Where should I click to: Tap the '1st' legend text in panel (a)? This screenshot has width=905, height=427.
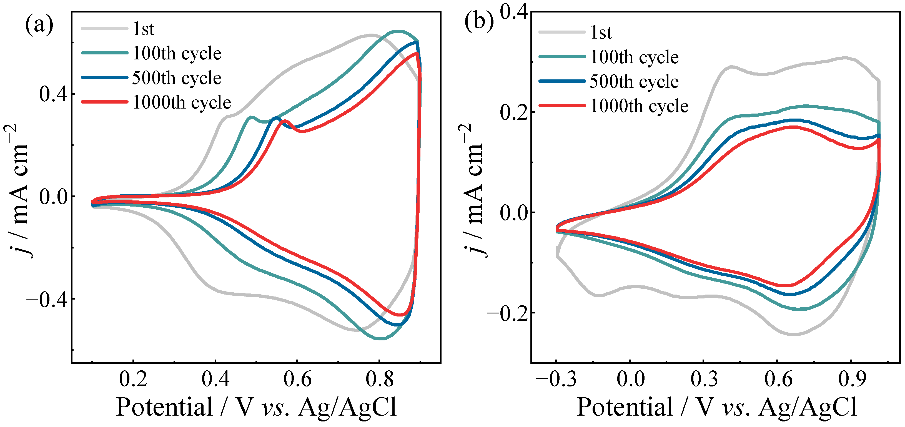pyautogui.click(x=143, y=29)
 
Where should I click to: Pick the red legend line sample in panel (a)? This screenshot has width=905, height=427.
pyautogui.click(x=104, y=102)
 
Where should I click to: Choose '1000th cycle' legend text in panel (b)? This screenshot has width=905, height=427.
pyautogui.click(x=639, y=106)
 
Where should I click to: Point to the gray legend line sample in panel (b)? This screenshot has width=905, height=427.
pyautogui.click(x=562, y=32)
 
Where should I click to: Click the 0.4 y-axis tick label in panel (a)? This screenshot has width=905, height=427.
pyautogui.click(x=53, y=94)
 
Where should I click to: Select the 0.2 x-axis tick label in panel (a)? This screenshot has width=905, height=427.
pyautogui.click(x=133, y=379)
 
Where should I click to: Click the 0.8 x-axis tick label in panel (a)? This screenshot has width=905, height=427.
pyautogui.click(x=379, y=379)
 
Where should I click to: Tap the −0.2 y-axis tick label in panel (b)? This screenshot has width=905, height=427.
pyautogui.click(x=507, y=313)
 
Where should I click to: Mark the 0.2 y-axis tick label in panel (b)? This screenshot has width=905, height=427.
pyautogui.click(x=514, y=112)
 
